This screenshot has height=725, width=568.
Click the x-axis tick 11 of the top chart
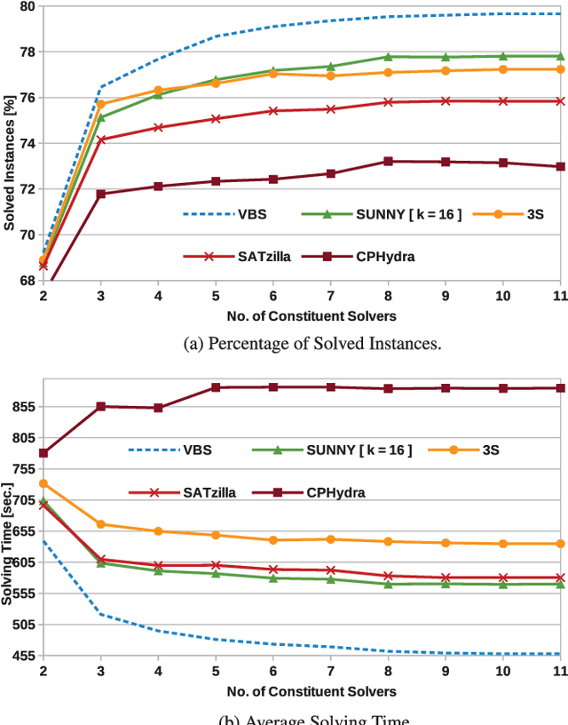coord(560,295)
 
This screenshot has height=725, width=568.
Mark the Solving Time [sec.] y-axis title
coord(9,540)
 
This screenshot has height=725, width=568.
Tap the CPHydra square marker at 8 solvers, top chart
coord(388,162)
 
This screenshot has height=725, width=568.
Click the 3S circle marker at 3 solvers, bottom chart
coord(101,524)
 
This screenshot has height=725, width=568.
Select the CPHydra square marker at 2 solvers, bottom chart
coord(43,453)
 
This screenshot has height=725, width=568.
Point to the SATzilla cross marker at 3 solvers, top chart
coord(101,139)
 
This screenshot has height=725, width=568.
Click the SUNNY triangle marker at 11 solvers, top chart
coord(560,56)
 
